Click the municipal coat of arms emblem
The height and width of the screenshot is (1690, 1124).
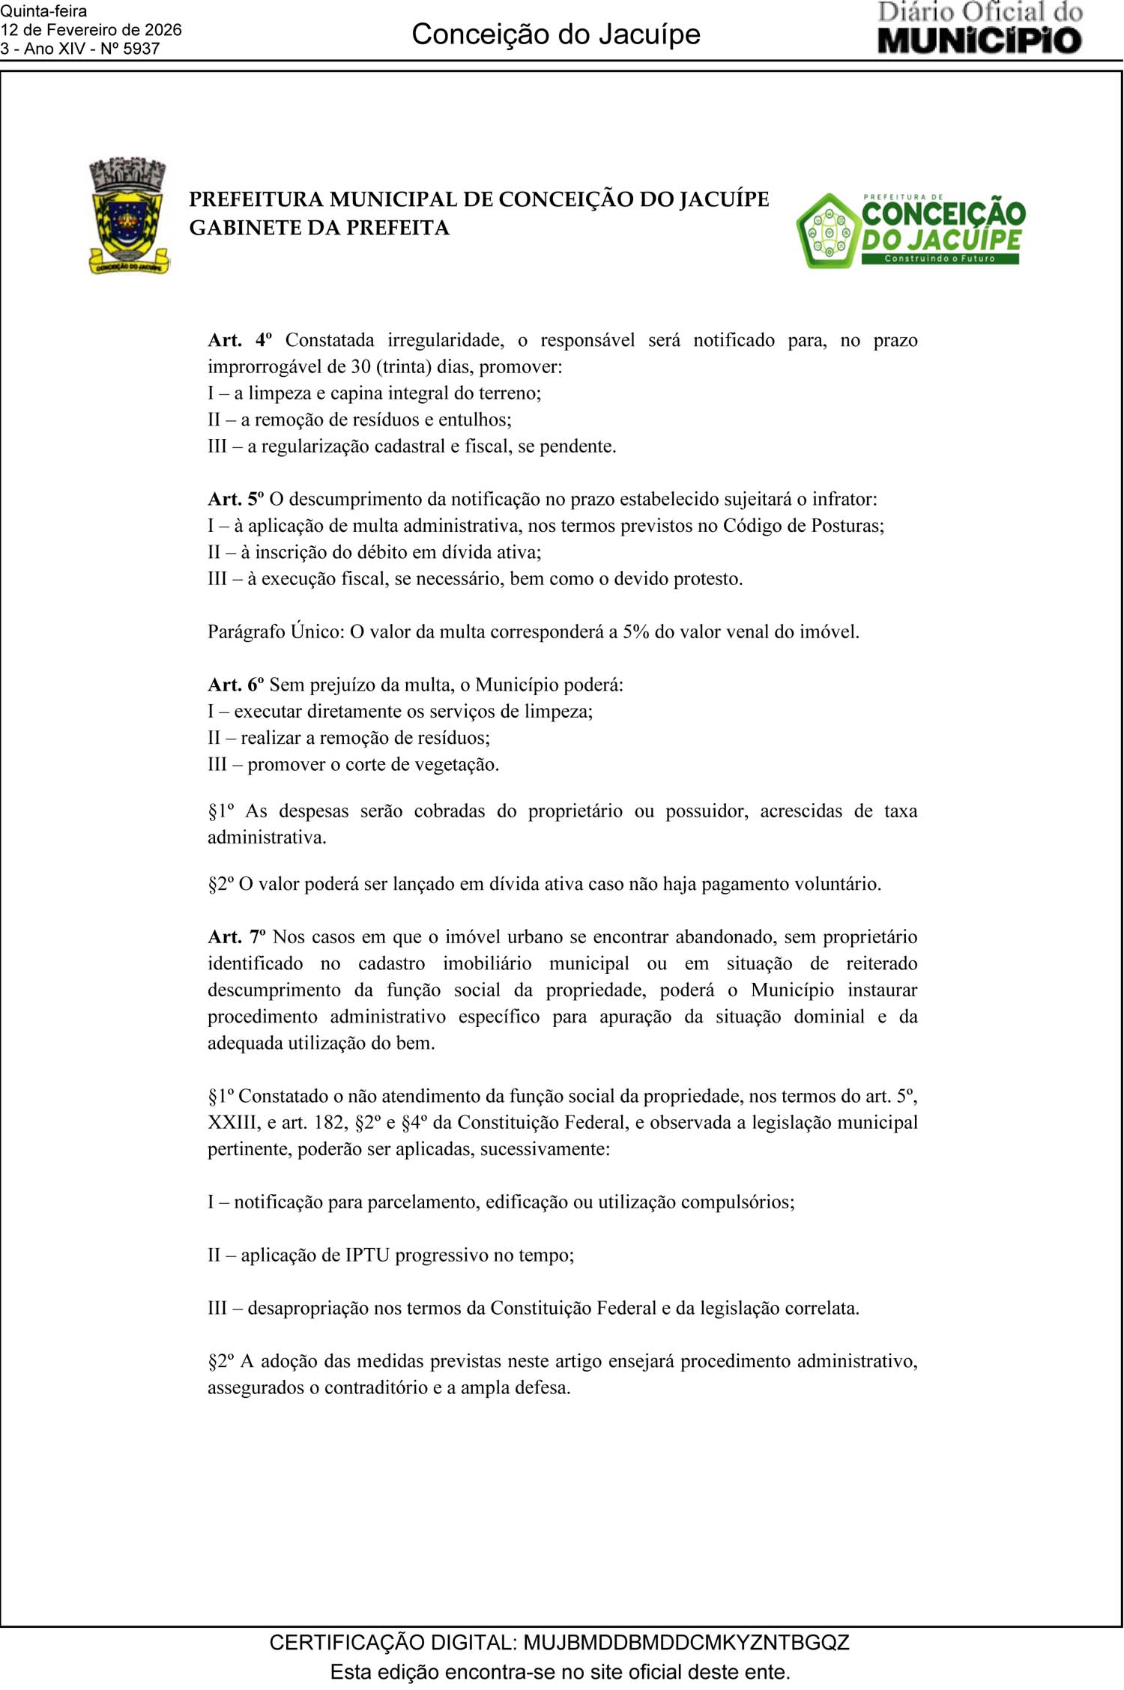pos(128,216)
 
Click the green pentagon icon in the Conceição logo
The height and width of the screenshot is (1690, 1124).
pos(827,231)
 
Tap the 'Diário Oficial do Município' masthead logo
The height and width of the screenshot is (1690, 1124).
pos(979,28)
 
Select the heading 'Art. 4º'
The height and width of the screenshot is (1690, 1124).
pos(239,340)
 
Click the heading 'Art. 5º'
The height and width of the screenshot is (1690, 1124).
pos(235,499)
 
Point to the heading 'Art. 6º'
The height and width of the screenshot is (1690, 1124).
pos(235,685)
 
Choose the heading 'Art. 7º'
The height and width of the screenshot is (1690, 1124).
pos(236,937)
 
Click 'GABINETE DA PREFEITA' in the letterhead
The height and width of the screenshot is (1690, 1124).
pos(318,228)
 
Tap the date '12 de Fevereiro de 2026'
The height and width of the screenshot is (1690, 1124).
pos(91,30)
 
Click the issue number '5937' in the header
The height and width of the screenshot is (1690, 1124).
pos(141,49)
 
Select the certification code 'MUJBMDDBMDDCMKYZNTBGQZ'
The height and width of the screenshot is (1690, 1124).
pos(686,1642)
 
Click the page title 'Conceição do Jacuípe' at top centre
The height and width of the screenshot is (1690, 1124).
pos(556,34)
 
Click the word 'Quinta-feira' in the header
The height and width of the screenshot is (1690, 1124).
pos(43,11)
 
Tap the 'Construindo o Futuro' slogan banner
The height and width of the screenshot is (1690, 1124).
pos(940,258)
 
